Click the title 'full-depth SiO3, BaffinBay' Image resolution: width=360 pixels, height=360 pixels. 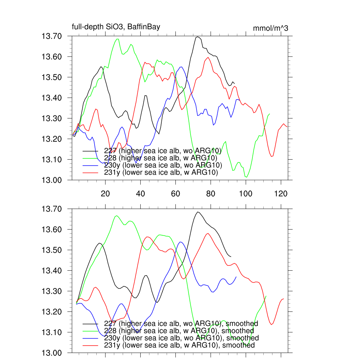point(116,27)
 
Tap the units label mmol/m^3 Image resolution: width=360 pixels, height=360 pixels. point(270,28)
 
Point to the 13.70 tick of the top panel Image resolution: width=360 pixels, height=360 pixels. point(52,36)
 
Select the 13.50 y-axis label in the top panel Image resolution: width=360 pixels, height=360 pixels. point(52,77)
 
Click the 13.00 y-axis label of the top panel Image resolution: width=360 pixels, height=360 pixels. point(52,180)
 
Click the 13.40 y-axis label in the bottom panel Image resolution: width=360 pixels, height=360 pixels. point(52,271)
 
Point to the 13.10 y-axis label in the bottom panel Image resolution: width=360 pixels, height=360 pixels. point(52,333)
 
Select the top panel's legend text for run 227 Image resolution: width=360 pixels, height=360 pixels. point(162,151)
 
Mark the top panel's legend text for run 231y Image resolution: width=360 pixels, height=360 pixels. point(161,173)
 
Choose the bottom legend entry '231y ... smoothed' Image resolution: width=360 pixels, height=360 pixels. point(179,345)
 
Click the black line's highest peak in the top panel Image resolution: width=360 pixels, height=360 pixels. point(198,37)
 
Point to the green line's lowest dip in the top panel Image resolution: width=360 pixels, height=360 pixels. point(246,177)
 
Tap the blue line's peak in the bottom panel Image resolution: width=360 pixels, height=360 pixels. point(181,242)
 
